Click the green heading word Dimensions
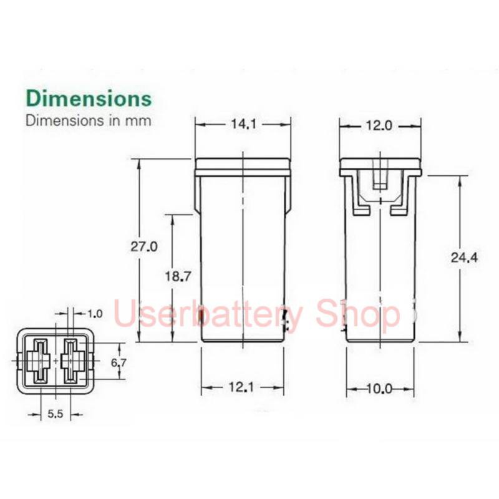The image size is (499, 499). tap(89, 98)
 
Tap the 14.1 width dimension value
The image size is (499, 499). tap(243, 124)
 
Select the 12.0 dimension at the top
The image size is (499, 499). tap(379, 126)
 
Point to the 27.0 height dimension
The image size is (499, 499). tap(144, 246)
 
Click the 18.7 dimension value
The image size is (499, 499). tap(178, 276)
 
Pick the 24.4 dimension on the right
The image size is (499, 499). tap(464, 258)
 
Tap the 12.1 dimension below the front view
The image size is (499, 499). tap(241, 387)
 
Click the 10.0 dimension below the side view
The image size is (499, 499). tap(380, 389)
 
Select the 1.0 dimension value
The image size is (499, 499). tap(95, 314)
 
